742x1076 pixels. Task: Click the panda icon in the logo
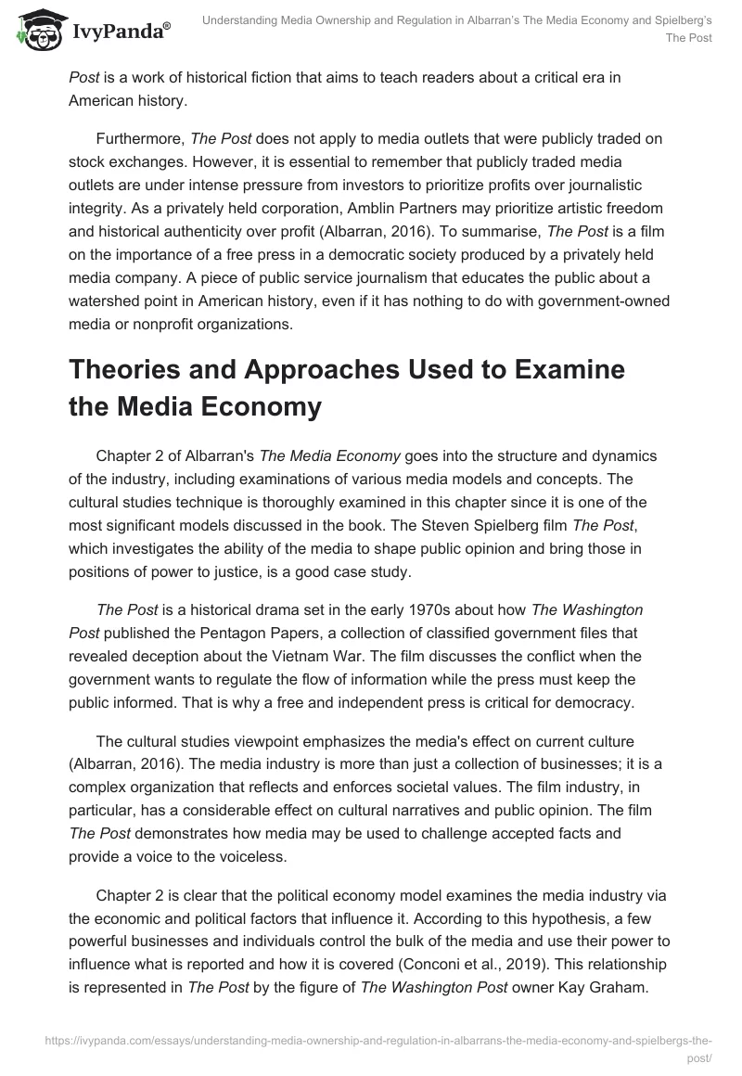pyautogui.click(x=36, y=31)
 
